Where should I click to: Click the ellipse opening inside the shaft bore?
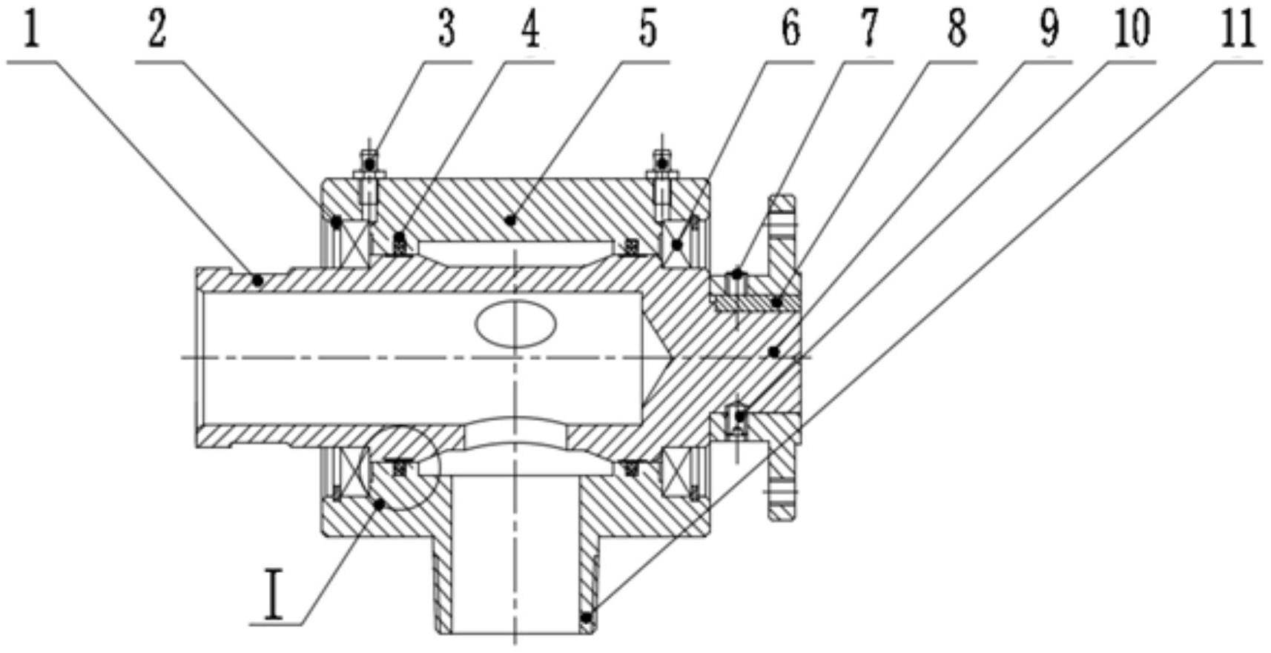coord(516,324)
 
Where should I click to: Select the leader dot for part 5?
coord(509,219)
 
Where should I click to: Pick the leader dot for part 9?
coord(774,351)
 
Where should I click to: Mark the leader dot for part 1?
coord(257,280)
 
